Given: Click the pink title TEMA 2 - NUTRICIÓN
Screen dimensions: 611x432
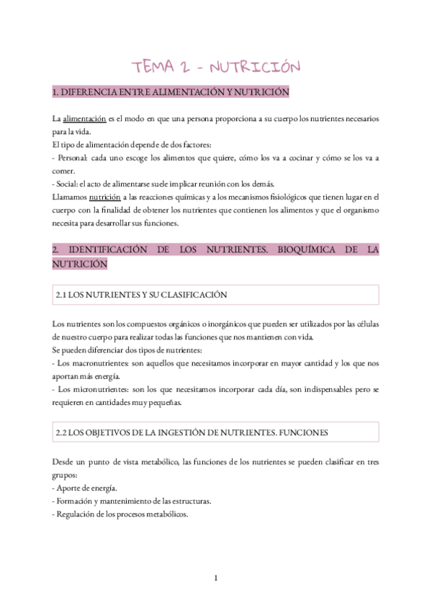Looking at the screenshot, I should pyautogui.click(x=215, y=67).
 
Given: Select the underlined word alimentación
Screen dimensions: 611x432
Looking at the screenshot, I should pyautogui.click(x=84, y=118).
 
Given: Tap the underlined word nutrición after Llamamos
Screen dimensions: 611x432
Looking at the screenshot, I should pyautogui.click(x=105, y=197).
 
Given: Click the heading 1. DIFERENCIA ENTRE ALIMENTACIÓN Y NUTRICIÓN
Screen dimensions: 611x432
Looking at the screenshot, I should pyautogui.click(x=171, y=92).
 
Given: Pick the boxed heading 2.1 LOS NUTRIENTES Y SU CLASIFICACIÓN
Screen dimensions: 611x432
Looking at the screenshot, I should pyautogui.click(x=142, y=295).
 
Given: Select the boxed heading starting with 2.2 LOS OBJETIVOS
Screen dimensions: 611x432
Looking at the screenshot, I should pyautogui.click(x=192, y=433).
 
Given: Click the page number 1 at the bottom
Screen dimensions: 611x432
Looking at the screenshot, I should pyautogui.click(x=215, y=577).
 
